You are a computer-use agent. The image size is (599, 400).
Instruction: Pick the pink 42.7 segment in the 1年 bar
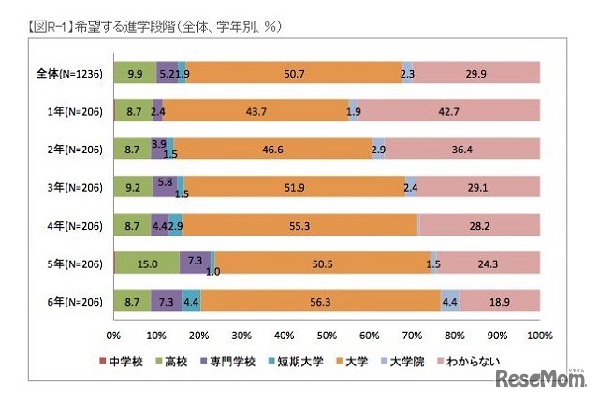(448, 110)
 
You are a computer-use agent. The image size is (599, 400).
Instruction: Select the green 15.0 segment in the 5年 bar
(147, 263)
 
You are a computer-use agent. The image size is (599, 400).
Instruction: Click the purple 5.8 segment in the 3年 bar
(166, 186)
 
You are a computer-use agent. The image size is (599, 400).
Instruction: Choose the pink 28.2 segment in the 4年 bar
(479, 224)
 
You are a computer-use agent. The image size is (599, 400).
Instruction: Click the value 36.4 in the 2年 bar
(462, 148)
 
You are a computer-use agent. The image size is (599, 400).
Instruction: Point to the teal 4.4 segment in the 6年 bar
(191, 300)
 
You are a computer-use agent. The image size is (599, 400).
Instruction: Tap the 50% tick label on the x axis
(327, 335)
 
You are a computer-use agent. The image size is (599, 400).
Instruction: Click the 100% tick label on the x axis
(538, 335)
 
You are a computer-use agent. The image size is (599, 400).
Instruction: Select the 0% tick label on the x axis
(114, 335)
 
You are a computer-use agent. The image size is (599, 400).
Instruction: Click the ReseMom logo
(541, 379)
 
